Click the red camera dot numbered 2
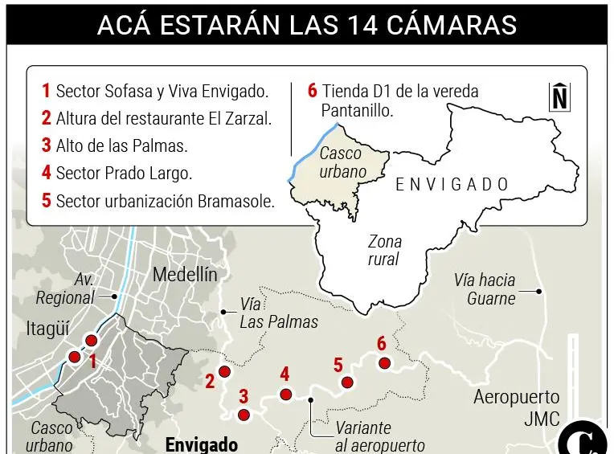(225, 372)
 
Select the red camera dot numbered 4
(285, 394)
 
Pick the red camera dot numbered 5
(347, 382)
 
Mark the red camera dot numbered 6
(384, 363)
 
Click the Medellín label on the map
(185, 275)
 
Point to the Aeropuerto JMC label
(516, 407)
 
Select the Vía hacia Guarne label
(485, 289)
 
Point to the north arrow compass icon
(559, 96)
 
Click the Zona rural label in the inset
(384, 250)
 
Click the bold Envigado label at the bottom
(201, 444)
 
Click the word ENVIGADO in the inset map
(452, 185)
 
